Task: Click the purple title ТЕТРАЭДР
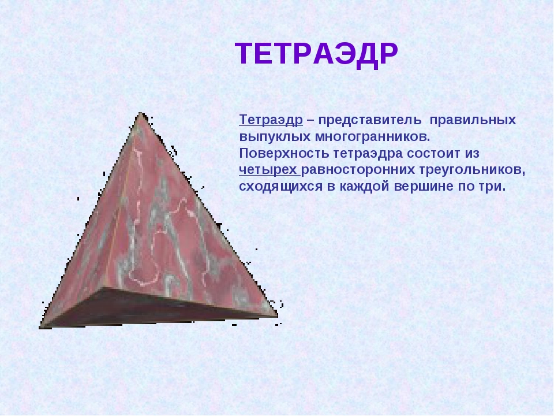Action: [x=316, y=55]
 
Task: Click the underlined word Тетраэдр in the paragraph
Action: [x=271, y=120]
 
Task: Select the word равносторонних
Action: [x=350, y=170]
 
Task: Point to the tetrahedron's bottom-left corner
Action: [x=42, y=326]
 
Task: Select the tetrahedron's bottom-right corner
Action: [x=276, y=315]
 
